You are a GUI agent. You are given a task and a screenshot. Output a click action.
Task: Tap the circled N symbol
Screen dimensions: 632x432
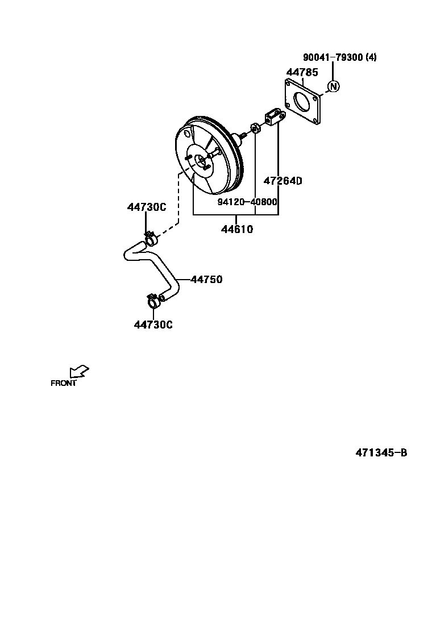334,86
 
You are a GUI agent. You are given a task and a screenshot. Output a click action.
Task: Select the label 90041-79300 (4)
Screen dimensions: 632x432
339,57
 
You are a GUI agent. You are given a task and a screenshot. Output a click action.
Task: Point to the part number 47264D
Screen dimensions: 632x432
283,181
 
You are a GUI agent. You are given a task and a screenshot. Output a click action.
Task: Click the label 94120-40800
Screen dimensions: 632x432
247,202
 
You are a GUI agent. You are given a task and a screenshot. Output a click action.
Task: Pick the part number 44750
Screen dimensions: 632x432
206,280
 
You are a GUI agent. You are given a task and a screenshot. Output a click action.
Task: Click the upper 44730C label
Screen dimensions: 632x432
146,207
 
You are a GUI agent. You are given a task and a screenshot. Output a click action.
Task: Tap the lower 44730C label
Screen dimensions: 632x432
153,325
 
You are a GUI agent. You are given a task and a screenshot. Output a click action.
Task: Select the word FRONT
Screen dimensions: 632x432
63,383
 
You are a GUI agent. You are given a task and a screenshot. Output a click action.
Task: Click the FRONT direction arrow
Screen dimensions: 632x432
78,371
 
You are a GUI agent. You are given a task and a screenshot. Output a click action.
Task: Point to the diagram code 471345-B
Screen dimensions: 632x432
381,453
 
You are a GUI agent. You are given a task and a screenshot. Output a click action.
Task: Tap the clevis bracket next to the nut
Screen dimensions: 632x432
274,117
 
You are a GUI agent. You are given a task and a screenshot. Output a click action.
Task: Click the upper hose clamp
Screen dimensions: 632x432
150,238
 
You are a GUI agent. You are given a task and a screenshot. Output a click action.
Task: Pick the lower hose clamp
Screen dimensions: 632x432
154,300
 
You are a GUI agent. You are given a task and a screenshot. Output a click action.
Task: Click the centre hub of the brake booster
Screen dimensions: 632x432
200,161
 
